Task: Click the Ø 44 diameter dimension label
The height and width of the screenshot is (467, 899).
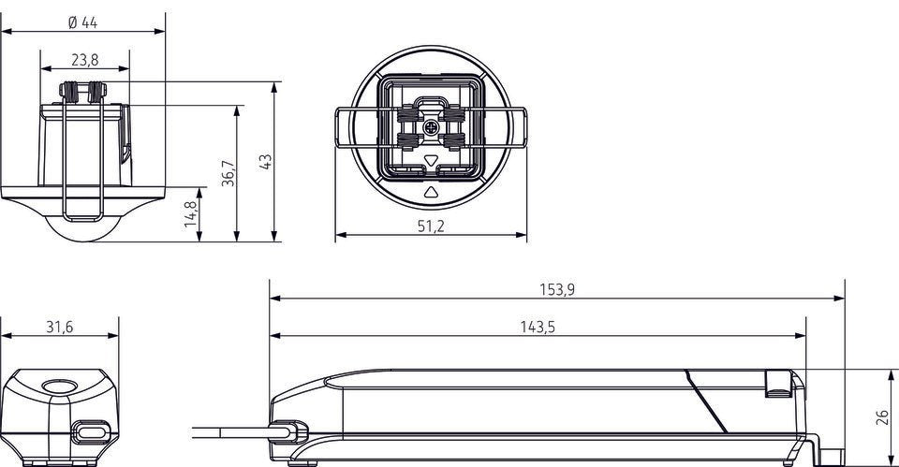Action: click(82, 22)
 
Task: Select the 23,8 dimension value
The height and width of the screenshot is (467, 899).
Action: click(85, 60)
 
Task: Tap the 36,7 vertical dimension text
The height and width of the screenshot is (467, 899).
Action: click(228, 173)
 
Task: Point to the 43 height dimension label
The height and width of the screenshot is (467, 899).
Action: click(265, 162)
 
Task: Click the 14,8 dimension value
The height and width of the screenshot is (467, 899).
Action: click(191, 213)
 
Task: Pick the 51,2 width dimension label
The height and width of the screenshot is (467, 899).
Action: click(431, 226)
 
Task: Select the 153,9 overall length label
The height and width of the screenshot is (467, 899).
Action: click(556, 289)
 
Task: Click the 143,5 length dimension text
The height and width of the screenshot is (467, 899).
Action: click(538, 327)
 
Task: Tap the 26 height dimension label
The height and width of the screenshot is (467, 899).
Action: click(883, 417)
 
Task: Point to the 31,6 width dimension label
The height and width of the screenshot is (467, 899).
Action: click(60, 327)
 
